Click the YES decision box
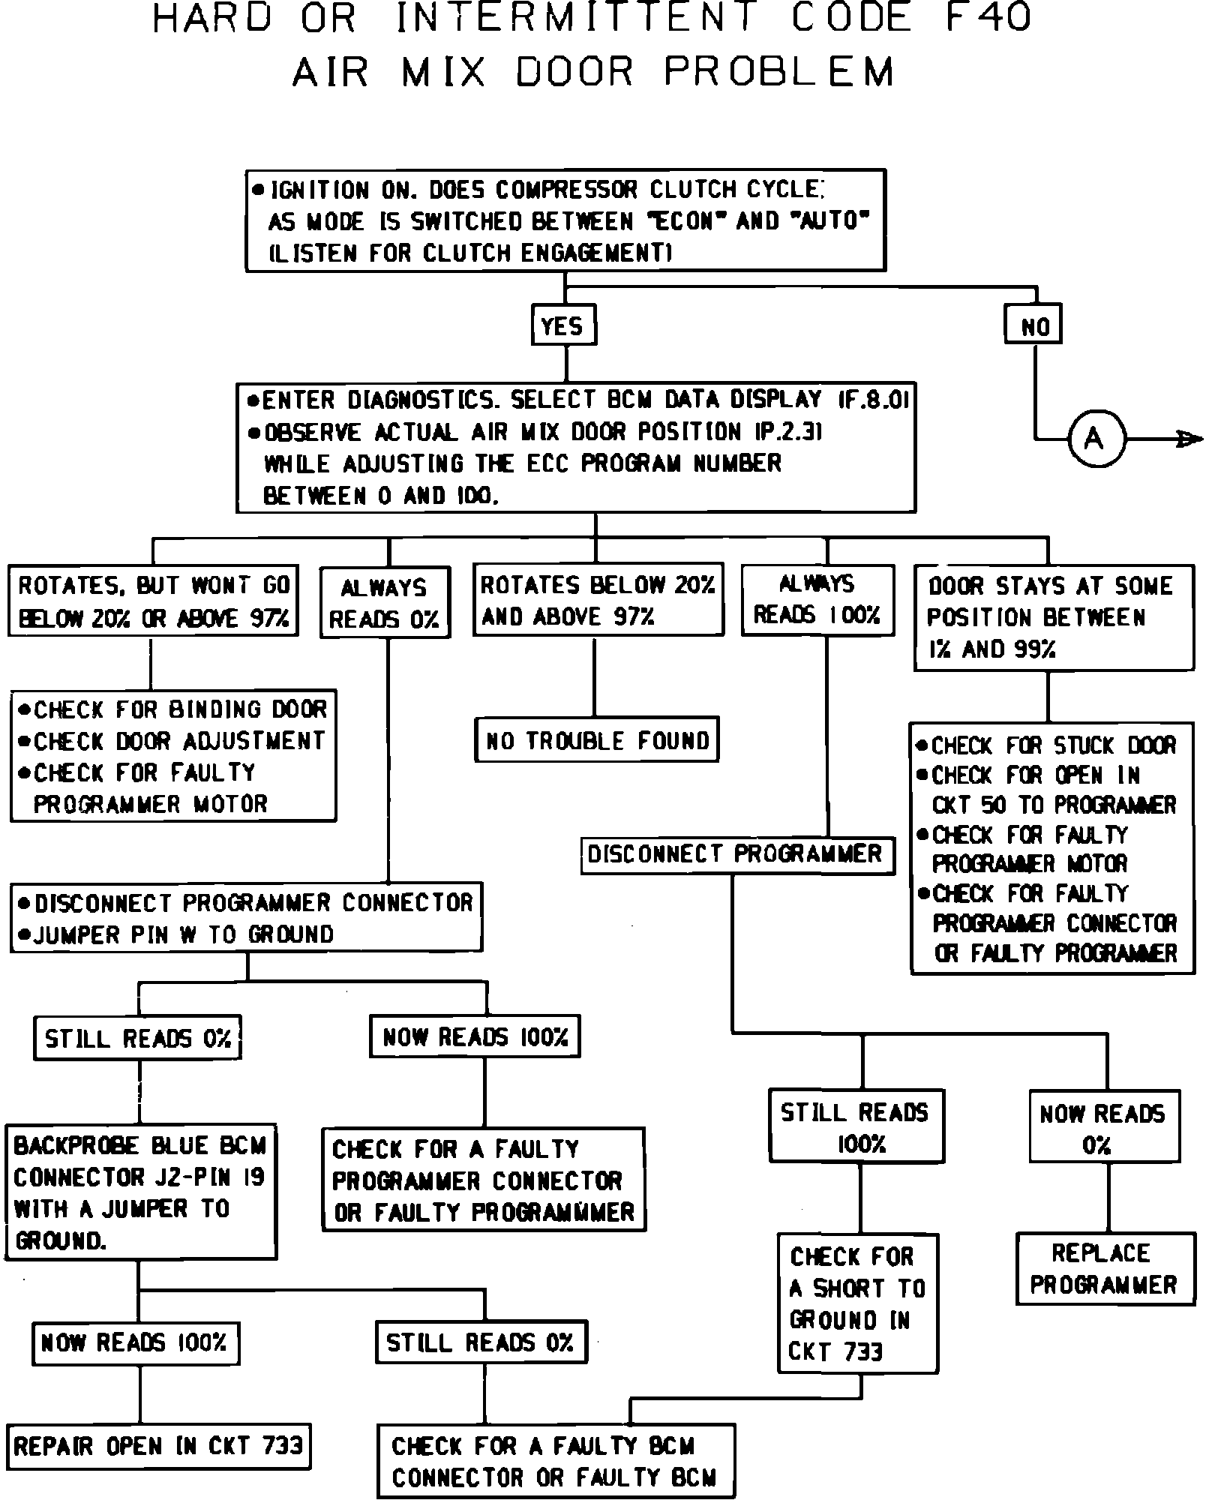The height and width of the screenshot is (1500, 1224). point(563,325)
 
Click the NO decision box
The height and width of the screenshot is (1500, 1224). point(1033,325)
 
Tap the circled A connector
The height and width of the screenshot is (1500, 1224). point(1095,439)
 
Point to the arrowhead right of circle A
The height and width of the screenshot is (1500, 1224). point(1189,439)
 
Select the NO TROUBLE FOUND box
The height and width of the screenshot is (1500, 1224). point(597,740)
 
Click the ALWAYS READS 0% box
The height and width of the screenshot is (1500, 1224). point(385,602)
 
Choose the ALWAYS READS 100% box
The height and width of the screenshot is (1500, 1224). point(817,600)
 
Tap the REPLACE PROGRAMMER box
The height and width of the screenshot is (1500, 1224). point(1105,1268)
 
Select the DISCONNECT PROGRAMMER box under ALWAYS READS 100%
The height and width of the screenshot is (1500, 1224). point(737,854)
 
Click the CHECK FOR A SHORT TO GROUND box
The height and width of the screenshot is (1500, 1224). point(857,1303)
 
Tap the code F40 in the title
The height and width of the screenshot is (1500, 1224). point(987,18)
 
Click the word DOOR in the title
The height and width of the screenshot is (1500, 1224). point(574,71)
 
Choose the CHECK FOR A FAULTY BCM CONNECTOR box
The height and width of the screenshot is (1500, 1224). point(555,1460)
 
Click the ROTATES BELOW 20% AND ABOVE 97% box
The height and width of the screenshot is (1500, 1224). point(598,600)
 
